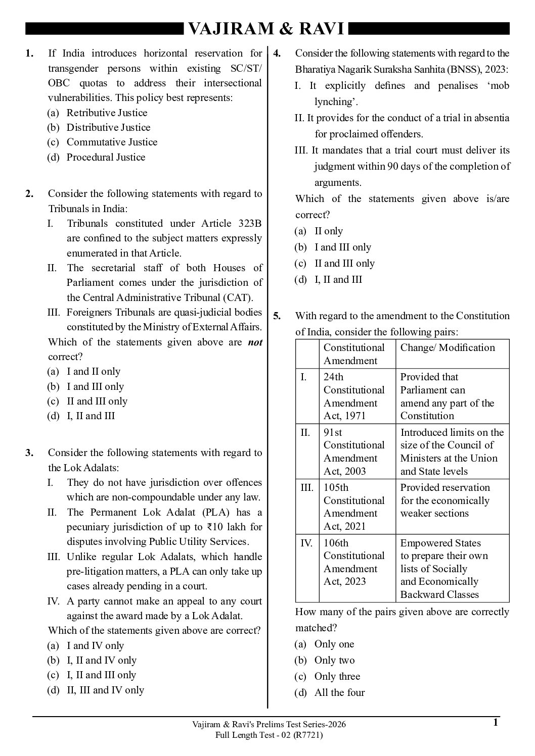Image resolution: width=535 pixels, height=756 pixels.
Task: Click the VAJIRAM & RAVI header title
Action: pyautogui.click(x=266, y=30)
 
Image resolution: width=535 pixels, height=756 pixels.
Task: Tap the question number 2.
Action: pyautogui.click(x=30, y=193)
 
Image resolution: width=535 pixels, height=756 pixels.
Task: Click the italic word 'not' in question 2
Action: pyautogui.click(x=255, y=342)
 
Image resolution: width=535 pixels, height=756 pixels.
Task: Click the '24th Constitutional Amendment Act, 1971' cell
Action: pyautogui.click(x=354, y=396)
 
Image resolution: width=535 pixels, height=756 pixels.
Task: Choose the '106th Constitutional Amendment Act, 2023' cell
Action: pyautogui.click(x=354, y=562)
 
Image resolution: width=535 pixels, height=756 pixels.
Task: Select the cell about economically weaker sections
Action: pyautogui.click(x=445, y=500)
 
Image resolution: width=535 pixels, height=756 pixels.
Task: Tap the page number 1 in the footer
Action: pyautogui.click(x=496, y=723)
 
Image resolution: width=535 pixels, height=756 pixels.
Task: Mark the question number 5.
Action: pyautogui.click(x=277, y=316)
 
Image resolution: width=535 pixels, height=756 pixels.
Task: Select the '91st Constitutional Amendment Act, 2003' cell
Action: pyautogui.click(x=354, y=451)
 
